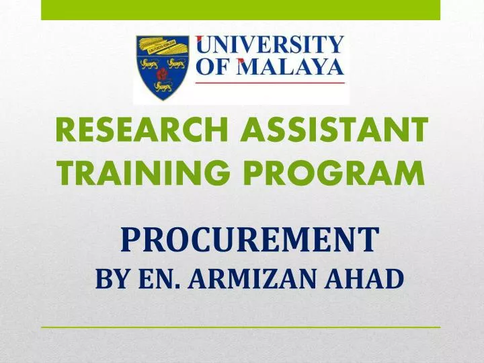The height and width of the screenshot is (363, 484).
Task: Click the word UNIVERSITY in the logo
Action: coord(270,46)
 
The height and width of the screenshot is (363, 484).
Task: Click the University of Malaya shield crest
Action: coord(163,68)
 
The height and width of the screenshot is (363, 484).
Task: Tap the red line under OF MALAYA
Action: coord(270,82)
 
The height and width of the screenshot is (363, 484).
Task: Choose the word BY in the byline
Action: coord(110,278)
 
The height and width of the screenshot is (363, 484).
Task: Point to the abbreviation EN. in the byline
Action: coord(155,278)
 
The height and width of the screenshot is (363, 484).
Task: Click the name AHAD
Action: coord(366,278)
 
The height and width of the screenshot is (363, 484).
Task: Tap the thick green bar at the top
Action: coord(241,9)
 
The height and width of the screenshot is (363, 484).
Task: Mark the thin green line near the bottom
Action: coord(241,327)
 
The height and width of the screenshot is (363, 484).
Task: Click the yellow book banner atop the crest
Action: coord(163,48)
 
